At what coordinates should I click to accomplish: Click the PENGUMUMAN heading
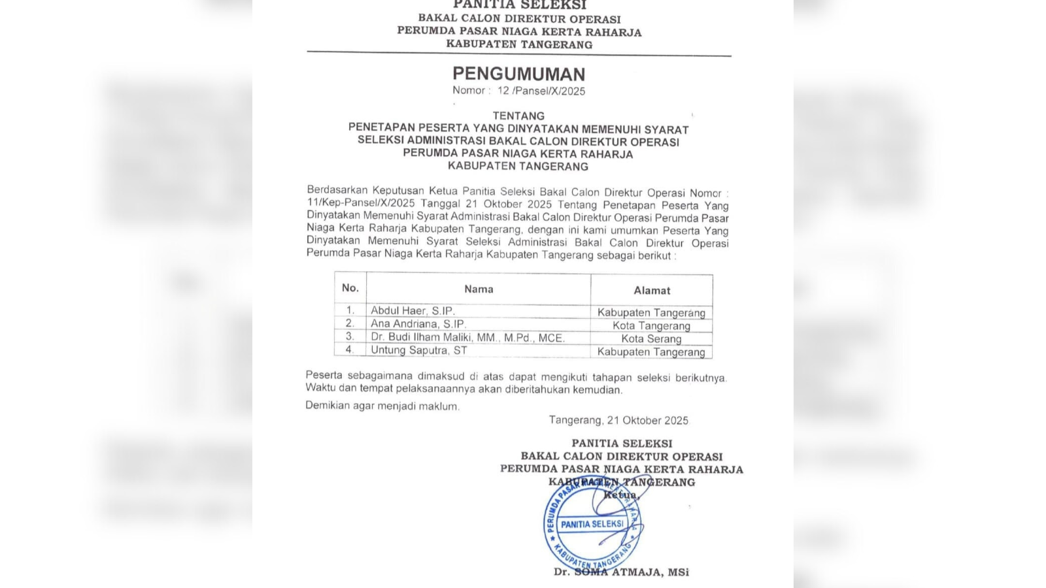coord(518,73)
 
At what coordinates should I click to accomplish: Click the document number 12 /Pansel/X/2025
coord(541,91)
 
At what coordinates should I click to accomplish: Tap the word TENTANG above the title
coord(518,116)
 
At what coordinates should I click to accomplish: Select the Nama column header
coord(479,289)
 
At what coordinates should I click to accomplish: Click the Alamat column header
coord(652,290)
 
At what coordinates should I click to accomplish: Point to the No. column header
coord(350,287)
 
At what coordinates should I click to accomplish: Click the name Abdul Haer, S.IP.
coord(413,311)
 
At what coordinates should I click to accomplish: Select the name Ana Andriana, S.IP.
coord(418,323)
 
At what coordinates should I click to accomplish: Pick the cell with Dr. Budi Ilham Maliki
coord(467,337)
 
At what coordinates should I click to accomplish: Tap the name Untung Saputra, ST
coord(419,350)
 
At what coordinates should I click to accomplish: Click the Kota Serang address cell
coord(651,338)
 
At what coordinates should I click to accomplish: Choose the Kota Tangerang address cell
coord(651,325)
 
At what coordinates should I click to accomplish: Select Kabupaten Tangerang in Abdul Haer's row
coord(651,312)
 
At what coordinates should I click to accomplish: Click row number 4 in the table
coord(350,350)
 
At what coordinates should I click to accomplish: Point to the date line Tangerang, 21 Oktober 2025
coord(618,421)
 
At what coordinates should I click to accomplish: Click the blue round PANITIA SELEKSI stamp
coord(592,524)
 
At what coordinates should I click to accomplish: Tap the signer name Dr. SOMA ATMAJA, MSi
coord(621,572)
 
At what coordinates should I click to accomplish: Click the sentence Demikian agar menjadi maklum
coord(382,406)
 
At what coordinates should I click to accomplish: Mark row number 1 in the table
coord(350,310)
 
